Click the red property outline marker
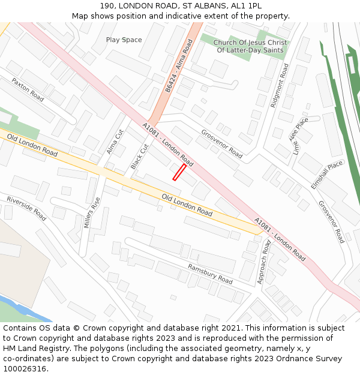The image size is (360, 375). pyautogui.click(x=179, y=172)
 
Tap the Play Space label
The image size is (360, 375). pyautogui.click(x=124, y=40)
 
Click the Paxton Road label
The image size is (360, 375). pyautogui.click(x=28, y=89)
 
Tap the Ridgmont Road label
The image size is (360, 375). pyautogui.click(x=280, y=85)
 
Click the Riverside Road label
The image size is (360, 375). pyautogui.click(x=26, y=208)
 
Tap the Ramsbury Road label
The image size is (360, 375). pyautogui.click(x=210, y=274)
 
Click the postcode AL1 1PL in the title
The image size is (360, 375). pyautogui.click(x=248, y=5)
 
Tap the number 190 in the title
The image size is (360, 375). pyautogui.click(x=107, y=5)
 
